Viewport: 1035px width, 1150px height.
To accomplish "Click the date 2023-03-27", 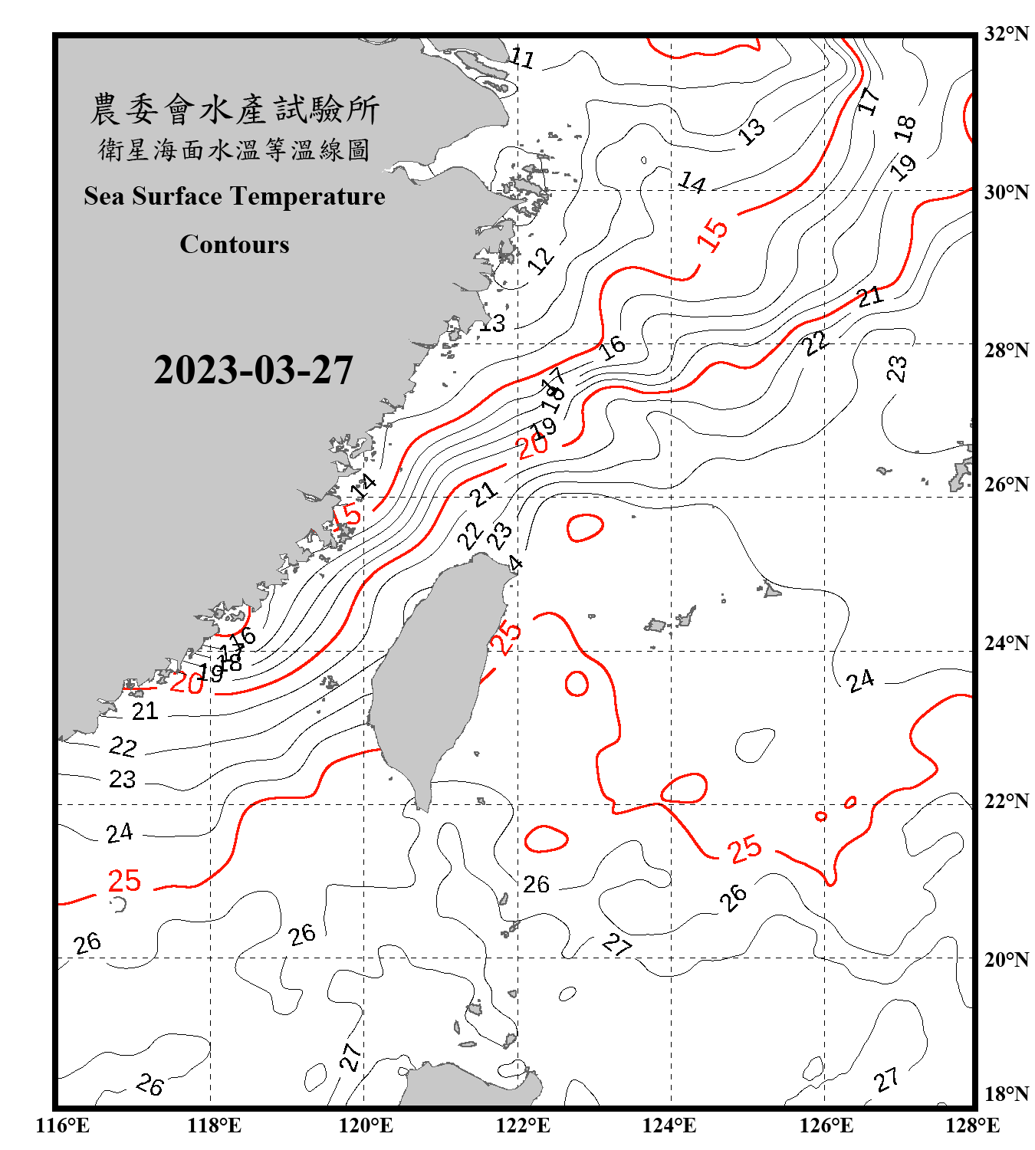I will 253,370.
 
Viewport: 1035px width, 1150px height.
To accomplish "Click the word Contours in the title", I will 235,245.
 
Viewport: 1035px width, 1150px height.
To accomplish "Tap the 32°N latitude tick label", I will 1006,34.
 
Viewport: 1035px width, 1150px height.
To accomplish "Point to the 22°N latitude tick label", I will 1006,801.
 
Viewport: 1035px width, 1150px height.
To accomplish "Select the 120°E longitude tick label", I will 366,1125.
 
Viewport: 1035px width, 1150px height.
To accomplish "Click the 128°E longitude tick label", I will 972,1125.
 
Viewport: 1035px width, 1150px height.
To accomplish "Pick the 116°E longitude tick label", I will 63,1125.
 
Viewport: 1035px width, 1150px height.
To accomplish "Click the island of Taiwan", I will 429,675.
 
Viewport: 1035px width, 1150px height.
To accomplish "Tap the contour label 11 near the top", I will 522,58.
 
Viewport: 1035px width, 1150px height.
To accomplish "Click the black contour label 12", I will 541,260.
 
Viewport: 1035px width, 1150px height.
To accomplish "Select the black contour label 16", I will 612,348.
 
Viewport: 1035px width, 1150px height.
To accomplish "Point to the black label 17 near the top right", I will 868,100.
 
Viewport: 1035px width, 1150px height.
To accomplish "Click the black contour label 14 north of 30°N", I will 692,182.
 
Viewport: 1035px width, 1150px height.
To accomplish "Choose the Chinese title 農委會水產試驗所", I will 235,110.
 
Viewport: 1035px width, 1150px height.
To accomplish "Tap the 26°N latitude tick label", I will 1006,485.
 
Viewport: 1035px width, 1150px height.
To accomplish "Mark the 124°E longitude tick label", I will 669,1125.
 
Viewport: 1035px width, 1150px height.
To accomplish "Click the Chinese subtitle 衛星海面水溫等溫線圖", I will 235,149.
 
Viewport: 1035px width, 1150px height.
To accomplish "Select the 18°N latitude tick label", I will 1006,1094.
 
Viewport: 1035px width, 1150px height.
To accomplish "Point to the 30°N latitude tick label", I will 1006,192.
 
